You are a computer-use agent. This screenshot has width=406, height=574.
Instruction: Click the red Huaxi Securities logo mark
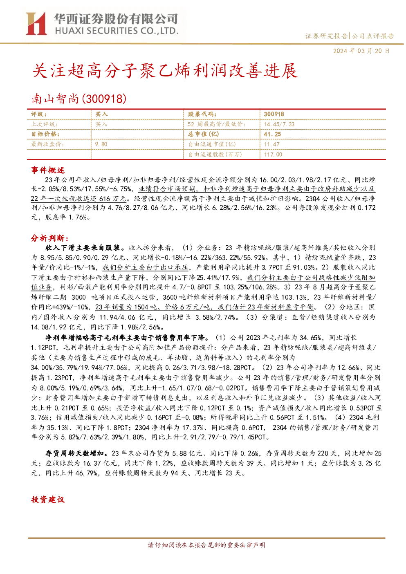tap(36, 23)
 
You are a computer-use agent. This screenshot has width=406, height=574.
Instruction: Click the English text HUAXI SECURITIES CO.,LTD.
tap(117, 31)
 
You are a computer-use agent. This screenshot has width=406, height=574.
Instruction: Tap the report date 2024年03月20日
tap(361, 51)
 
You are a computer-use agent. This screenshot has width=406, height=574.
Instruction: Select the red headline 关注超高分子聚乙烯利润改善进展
tap(165, 70)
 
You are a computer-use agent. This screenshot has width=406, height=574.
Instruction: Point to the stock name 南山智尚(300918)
tap(79, 99)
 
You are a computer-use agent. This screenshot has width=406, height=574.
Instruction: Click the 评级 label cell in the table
tap(39, 114)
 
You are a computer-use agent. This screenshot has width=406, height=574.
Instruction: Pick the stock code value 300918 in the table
tap(274, 114)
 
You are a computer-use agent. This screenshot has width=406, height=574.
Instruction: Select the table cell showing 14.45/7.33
tap(279, 124)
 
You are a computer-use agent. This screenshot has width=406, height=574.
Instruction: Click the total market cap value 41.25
tap(272, 134)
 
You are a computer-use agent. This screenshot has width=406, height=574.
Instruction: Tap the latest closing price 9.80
tap(101, 144)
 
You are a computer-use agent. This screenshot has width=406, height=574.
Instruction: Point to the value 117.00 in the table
tap(273, 154)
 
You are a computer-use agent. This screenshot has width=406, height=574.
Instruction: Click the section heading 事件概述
tap(48, 170)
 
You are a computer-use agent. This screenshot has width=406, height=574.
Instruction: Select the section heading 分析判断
tap(50, 238)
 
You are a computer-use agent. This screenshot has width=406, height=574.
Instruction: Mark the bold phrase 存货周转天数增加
tap(74, 453)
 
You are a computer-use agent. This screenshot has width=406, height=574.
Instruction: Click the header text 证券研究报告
tap(326, 36)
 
